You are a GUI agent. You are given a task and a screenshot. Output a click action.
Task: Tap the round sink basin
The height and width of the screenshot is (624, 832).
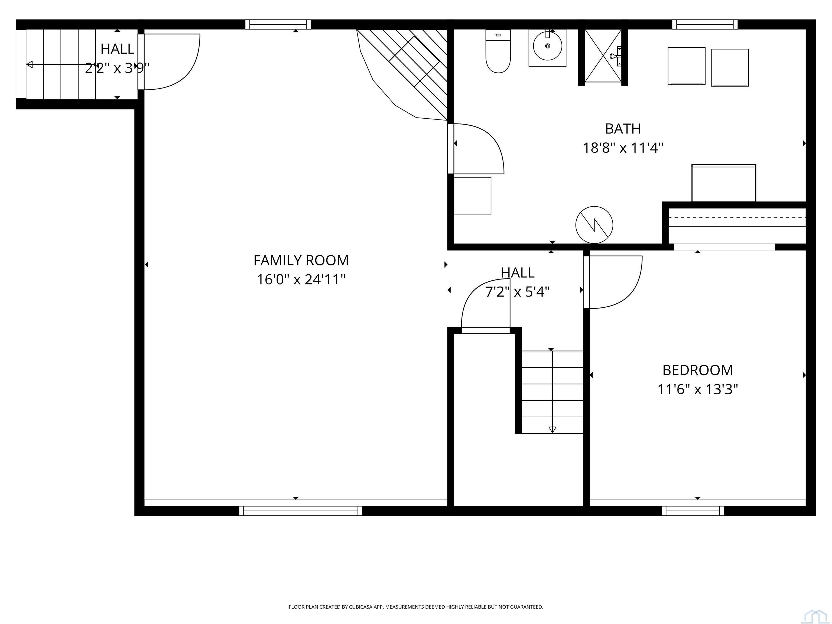click(547, 46)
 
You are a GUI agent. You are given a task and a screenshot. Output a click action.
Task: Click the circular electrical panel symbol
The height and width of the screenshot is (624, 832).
click(594, 225)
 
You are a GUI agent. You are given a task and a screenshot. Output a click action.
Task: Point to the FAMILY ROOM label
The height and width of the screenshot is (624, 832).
click(301, 260)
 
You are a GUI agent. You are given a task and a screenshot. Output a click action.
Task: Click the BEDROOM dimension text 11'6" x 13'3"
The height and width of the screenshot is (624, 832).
click(698, 389)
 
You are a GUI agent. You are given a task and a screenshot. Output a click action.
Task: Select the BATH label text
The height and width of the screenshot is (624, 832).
click(623, 129)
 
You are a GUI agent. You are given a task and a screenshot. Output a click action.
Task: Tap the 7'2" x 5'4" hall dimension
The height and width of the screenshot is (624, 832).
click(518, 291)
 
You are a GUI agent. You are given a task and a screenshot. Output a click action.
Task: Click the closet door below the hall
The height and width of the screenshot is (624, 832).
click(485, 330)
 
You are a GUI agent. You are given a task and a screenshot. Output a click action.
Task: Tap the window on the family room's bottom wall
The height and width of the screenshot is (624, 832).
click(301, 511)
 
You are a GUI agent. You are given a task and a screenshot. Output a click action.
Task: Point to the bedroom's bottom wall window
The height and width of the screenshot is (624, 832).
click(693, 511)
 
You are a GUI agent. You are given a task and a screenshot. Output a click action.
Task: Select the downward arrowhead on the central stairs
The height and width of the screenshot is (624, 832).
click(552, 430)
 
